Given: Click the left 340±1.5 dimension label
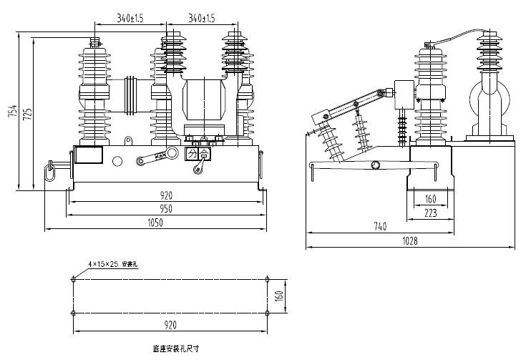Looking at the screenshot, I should click(130, 18).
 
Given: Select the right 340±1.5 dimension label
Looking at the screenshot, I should click(202, 18).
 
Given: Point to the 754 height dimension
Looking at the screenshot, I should click(11, 111).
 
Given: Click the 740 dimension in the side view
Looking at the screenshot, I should click(379, 227).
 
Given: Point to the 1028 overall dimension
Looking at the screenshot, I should click(409, 241).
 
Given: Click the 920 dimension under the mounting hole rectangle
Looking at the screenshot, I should click(170, 325).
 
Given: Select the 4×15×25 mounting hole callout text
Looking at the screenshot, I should click(112, 264).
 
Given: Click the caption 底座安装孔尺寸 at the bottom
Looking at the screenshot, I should click(175, 350).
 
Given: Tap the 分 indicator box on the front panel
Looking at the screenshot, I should click(191, 154).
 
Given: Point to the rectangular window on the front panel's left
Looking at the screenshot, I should click(89, 156).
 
